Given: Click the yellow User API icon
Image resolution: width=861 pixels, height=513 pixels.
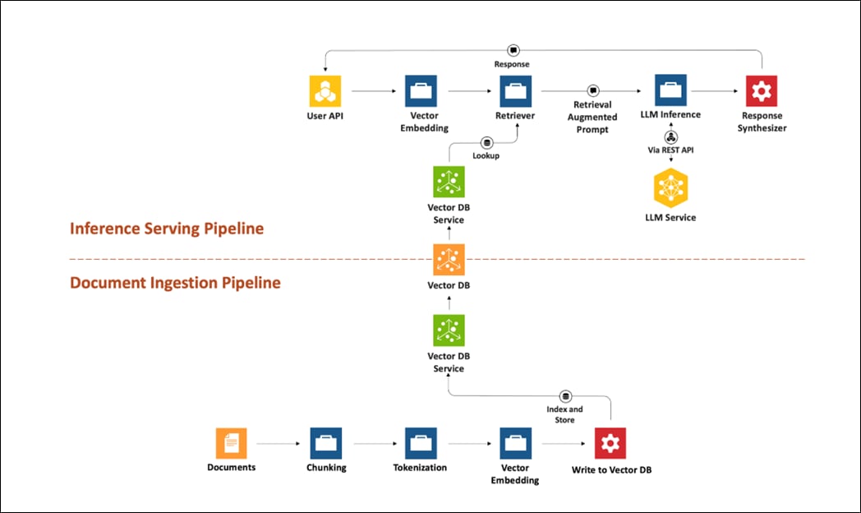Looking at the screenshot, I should point(325,91).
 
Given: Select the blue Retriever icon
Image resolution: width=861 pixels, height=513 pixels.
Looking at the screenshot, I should point(515,91).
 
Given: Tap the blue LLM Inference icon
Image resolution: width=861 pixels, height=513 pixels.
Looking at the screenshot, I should point(670,90).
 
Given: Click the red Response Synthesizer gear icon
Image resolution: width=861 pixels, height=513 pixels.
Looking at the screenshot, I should point(762,91).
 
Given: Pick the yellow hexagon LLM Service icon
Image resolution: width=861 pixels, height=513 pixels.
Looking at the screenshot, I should point(670,188).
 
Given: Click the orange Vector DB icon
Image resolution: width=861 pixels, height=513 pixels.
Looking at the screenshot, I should point(449,260).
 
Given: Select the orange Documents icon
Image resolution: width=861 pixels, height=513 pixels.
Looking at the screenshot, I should point(231,443).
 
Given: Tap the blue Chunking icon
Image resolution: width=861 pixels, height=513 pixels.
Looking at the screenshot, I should point(326,443).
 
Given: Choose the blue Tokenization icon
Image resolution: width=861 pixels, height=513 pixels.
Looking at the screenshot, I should point(420,443).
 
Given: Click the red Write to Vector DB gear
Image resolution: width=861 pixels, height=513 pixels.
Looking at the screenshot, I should point(610,444).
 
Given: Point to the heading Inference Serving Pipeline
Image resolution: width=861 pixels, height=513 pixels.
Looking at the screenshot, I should point(167,229).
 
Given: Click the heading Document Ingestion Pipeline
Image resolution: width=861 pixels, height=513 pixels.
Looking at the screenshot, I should point(175,283).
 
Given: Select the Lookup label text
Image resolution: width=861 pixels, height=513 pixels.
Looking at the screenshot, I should point(486,155).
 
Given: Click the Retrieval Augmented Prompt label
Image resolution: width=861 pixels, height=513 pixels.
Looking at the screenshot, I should point(592,118).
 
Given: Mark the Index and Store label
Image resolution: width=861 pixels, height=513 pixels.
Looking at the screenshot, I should point(564,414).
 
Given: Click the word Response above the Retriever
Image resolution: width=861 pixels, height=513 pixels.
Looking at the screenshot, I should point(512,63).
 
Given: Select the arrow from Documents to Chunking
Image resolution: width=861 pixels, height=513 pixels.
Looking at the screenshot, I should point(279,444).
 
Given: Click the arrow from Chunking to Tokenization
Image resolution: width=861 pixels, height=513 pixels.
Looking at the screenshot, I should point(373,444).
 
